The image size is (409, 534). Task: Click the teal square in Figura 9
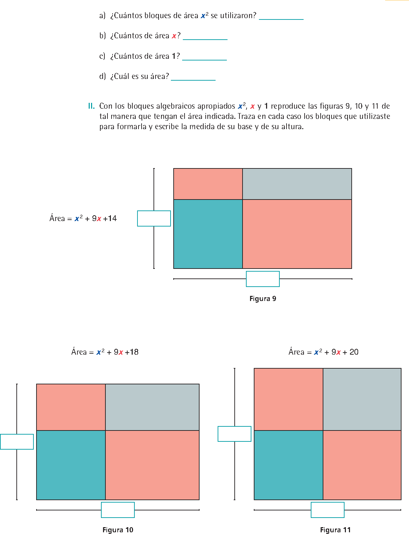[208, 234]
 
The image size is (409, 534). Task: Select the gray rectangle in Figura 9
[297, 184]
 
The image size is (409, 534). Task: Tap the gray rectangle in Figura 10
[152, 407]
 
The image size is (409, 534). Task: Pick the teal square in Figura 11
[288, 465]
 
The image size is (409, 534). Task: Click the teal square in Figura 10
[71, 465]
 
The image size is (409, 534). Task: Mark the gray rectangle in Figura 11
[362, 399]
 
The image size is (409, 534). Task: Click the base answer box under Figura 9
[263, 279]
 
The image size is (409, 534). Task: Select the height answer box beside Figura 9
[154, 218]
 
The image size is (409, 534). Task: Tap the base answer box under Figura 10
[118, 510]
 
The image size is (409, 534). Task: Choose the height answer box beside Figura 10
[17, 441]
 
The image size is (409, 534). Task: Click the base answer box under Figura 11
[327, 510]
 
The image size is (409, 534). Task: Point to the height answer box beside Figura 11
[234, 434]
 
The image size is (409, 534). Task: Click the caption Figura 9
[263, 299]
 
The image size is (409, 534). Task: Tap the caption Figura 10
[118, 530]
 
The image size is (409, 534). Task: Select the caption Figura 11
[335, 530]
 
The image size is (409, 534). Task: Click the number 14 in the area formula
[112, 218]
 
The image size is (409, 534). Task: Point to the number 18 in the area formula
[134, 352]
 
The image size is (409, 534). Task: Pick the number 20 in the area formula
[354, 352]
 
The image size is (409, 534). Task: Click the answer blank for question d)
[193, 77]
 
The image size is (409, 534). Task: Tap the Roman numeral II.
[91, 106]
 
